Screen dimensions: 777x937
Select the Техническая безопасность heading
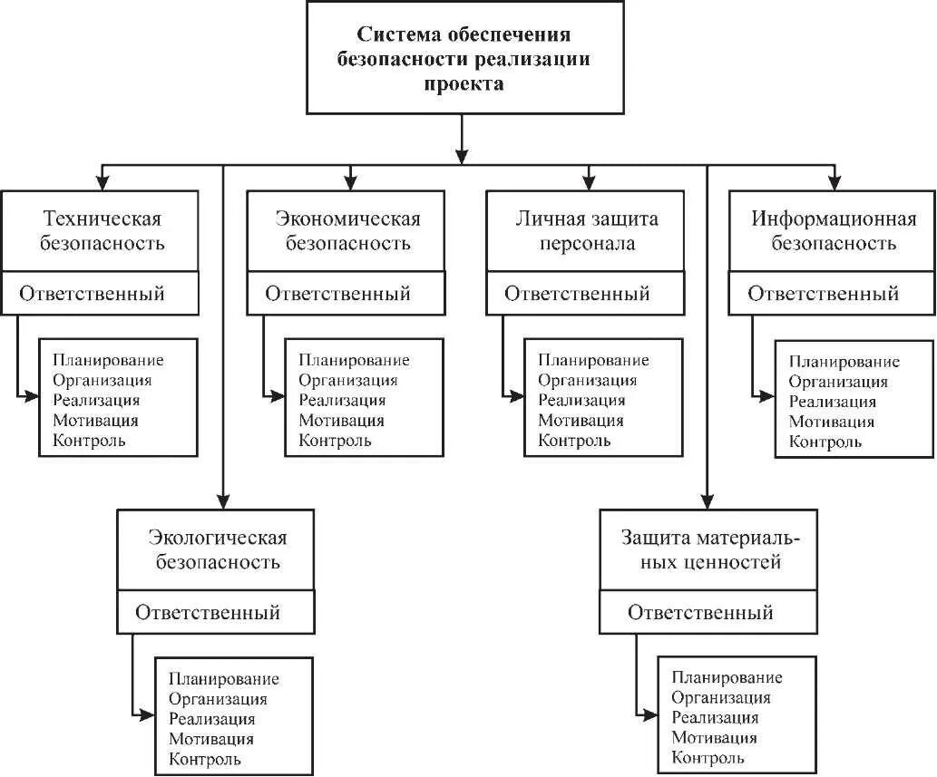pos(102,231)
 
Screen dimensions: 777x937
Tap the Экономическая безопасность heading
pos(347,231)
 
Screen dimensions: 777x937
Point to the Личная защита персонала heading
pos(586,231)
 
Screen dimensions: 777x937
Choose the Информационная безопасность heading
pos(833,231)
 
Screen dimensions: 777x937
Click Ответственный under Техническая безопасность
pos(93,294)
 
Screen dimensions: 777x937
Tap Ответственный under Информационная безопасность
pos(824,294)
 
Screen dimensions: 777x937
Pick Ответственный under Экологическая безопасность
pos(208,612)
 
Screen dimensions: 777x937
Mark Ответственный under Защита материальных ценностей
pos(700,612)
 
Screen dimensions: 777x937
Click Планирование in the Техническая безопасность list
pos(108,360)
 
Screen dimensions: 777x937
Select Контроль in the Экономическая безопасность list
pos(335,441)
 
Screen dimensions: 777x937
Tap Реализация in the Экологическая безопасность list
pos(211,718)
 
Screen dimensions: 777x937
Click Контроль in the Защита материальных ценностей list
pos(708,758)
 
